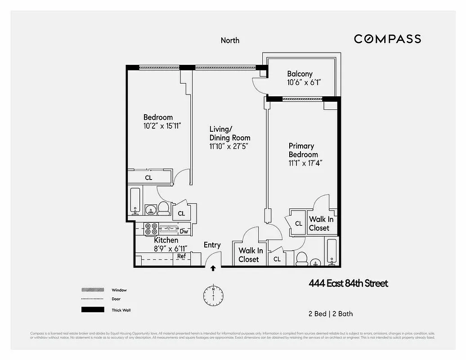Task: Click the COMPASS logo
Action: pos(387,39)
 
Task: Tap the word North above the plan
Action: pos(230,40)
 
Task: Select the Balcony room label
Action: pos(300,74)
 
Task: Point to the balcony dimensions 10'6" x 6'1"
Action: pos(304,83)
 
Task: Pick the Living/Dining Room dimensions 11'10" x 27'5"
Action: pos(229,146)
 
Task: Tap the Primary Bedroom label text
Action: pos(303,150)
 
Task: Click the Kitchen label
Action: pos(166,240)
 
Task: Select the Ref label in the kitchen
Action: pos(181,256)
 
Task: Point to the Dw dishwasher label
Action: pos(184,231)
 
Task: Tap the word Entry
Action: pos(212,245)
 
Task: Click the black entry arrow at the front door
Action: pos(213,269)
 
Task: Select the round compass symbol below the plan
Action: pos(213,295)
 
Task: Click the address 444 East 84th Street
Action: pos(348,283)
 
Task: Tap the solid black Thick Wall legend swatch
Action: pos(92,310)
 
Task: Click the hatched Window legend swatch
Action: pos(92,290)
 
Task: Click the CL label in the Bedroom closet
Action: pos(148,178)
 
